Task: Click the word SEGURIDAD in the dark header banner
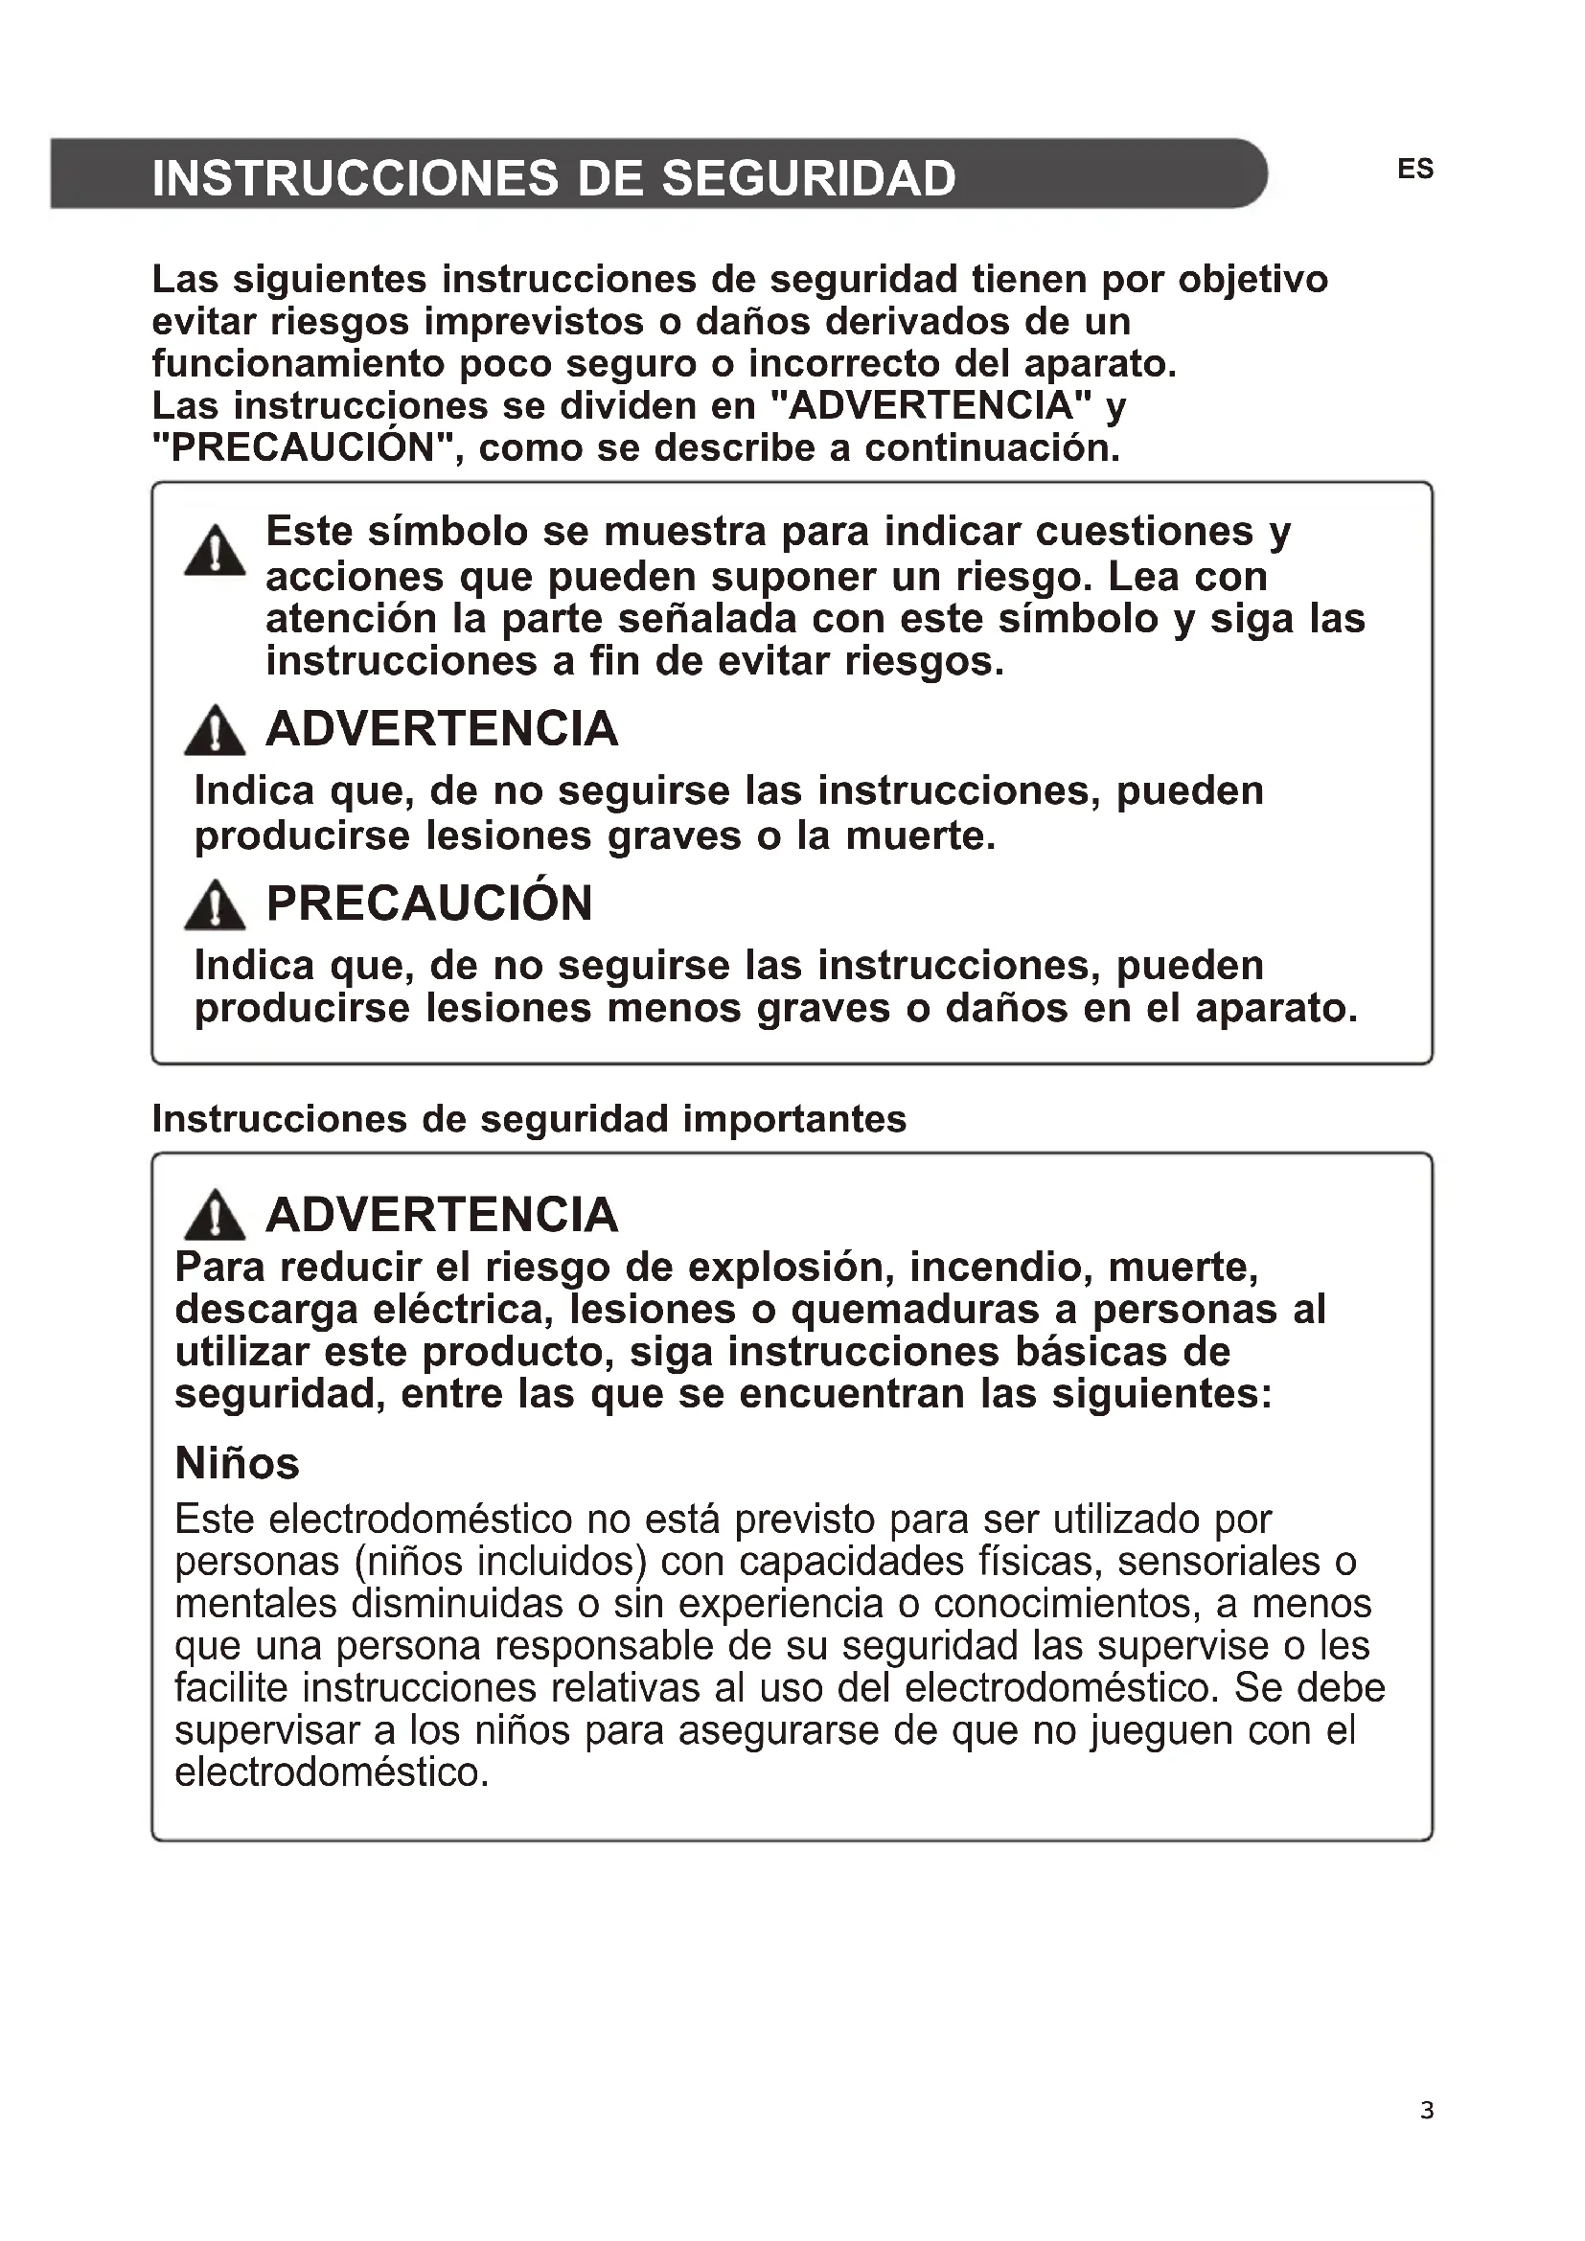click(x=808, y=177)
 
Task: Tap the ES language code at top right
click(x=1414, y=169)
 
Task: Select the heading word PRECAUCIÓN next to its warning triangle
click(x=429, y=903)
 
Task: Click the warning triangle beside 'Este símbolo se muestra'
click(x=215, y=552)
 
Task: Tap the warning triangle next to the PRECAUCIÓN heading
click(x=215, y=904)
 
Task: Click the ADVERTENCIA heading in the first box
click(x=442, y=729)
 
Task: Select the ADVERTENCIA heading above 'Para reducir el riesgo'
click(x=442, y=1215)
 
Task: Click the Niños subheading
click(x=237, y=1463)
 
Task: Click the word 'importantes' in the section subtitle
click(x=794, y=1118)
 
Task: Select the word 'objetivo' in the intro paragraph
click(x=1253, y=279)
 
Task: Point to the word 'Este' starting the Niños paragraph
click(x=215, y=1520)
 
